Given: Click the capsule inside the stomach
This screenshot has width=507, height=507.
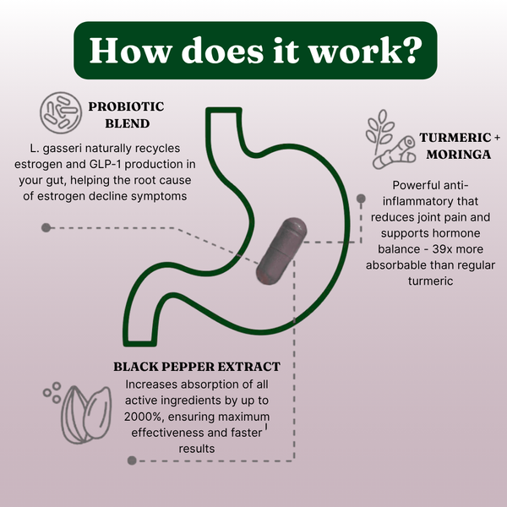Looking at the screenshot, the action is click(x=281, y=251).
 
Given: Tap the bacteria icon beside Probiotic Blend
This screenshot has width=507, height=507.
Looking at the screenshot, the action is click(x=61, y=113).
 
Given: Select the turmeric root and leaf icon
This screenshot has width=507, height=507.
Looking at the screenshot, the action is click(x=390, y=139).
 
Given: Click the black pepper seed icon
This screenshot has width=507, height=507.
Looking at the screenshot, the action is click(x=79, y=413).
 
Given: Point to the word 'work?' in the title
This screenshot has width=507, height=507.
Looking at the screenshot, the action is click(x=366, y=51).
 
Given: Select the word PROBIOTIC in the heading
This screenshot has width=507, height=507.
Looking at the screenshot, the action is click(x=126, y=106).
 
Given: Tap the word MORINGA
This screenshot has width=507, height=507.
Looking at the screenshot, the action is click(x=459, y=155).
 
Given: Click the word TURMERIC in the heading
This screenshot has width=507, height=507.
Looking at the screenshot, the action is click(x=455, y=138).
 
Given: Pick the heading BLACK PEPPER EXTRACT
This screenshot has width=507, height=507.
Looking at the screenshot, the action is click(x=197, y=367).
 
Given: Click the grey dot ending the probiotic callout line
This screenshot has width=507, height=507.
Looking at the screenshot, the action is click(x=46, y=227).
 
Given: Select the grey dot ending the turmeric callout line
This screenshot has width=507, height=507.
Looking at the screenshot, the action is click(x=361, y=199).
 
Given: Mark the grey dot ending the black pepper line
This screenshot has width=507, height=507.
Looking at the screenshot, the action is click(x=132, y=461).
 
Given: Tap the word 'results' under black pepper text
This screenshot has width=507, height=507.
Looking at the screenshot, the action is click(x=197, y=449).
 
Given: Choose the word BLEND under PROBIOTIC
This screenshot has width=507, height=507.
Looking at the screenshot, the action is click(x=128, y=123).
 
